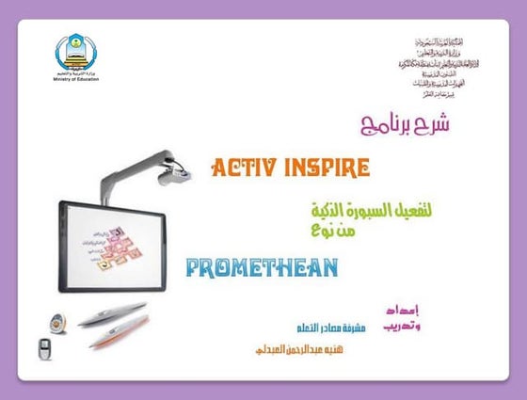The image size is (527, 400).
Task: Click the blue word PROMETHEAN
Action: point(262,267)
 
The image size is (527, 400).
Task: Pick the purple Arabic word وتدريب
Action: point(404,326)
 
